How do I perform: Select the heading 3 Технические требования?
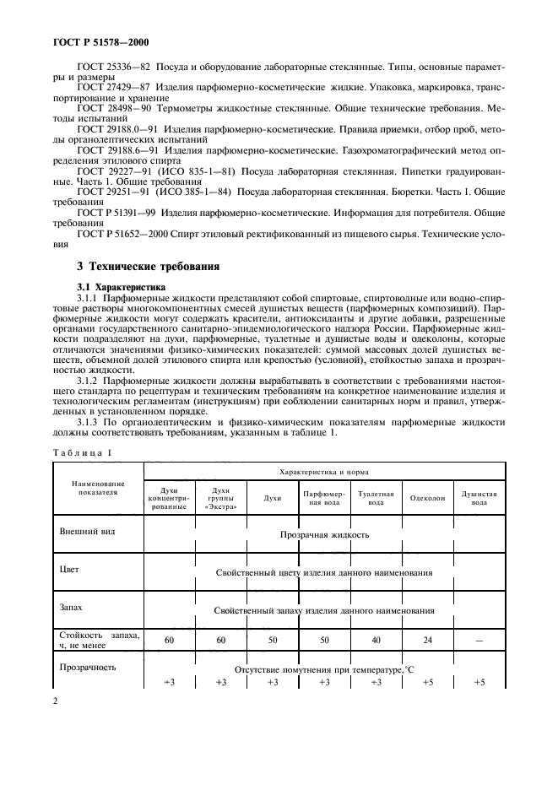point(149,267)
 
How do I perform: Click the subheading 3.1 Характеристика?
point(123,286)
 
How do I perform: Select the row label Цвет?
point(69,570)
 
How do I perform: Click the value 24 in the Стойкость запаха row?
point(428,641)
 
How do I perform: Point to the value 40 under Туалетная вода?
point(377,641)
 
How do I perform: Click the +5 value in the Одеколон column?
point(428,682)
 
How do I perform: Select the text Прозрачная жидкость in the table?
point(324,534)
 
